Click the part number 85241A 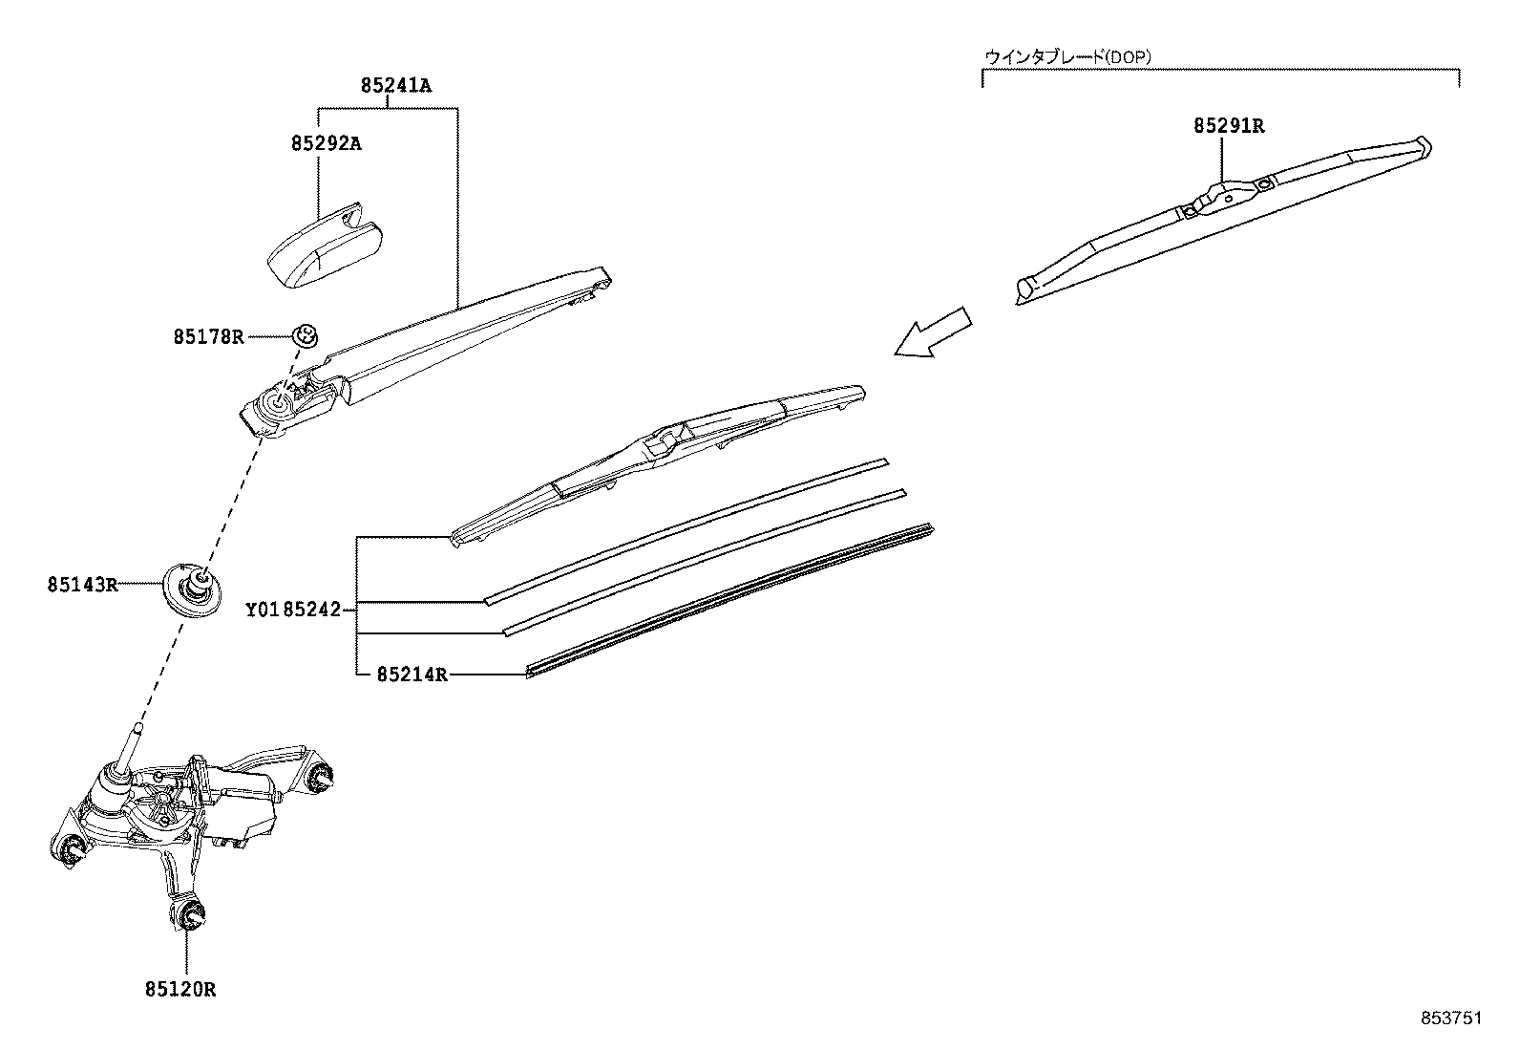point(395,86)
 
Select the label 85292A point(326,143)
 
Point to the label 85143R point(82,584)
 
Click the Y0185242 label point(292,609)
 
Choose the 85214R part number point(412,675)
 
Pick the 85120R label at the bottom point(180,990)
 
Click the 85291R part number point(1228,125)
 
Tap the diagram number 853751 point(1449,1018)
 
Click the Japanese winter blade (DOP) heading point(1067,57)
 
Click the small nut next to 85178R point(305,335)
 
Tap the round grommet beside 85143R point(191,587)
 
